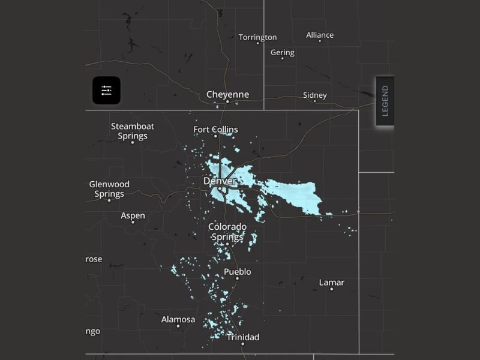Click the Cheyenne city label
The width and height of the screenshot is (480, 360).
coord(227,94)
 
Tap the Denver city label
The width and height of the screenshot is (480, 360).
coord(220,181)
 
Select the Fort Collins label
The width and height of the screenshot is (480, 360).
coord(215,129)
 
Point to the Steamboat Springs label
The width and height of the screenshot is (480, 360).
coord(133,131)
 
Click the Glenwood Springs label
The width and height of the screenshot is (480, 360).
coord(109,189)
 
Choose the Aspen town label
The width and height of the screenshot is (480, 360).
coord(133,215)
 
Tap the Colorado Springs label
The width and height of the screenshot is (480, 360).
coord(227,232)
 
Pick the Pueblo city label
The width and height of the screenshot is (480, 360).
coord(237,272)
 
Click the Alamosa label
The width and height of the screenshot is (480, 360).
coord(178,319)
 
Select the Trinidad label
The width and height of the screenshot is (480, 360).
coord(243,337)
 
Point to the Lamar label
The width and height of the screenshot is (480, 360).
coord(331,282)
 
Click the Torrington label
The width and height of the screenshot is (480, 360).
coord(258,37)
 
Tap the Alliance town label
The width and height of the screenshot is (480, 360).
coord(320,35)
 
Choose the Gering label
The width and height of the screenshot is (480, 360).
coord(283,52)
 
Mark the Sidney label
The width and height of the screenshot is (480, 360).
coord(315,95)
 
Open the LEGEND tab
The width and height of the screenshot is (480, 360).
coord(385,101)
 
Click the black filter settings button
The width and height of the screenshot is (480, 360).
coord(106,91)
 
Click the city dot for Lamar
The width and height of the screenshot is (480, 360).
coord(331,289)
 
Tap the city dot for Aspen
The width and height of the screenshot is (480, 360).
coord(133,222)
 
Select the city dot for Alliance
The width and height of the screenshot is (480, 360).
coord(320,41)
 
